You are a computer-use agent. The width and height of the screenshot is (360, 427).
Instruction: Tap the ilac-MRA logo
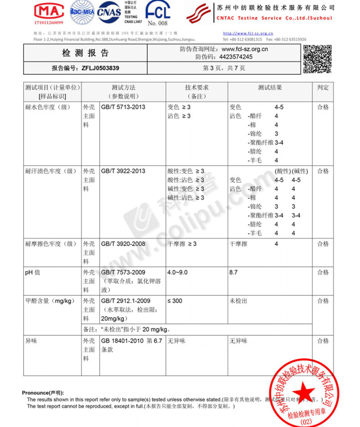[82, 12]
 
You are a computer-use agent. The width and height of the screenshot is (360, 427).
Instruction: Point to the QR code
[317, 59]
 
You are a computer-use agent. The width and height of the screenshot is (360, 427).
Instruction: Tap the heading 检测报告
[86, 53]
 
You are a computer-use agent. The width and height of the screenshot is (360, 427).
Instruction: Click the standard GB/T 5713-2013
[123, 107]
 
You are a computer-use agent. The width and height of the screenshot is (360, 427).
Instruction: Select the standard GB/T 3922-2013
[123, 171]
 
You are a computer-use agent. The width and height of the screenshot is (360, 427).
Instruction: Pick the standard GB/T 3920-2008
[123, 244]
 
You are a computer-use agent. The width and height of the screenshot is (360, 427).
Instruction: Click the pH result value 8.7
[234, 272]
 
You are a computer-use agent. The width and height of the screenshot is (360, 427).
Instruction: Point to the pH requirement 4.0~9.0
[178, 272]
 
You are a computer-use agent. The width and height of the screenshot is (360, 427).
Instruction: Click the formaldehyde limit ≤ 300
[175, 301]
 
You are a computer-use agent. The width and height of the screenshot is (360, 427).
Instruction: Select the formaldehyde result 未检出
[238, 301]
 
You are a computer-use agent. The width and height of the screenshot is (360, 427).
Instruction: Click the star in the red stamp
[301, 392]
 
